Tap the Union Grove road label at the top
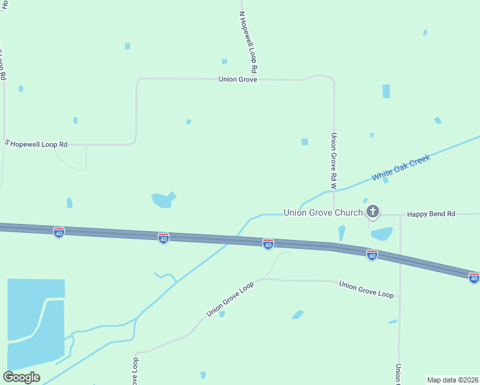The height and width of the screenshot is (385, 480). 237,80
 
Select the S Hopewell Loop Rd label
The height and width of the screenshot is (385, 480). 37,144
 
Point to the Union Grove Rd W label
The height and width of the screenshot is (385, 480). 334,160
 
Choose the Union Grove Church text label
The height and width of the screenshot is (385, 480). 323,212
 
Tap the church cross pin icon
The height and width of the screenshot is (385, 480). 373,212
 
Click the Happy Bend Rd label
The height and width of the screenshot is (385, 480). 431,214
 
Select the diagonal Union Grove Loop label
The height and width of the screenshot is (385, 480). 230,299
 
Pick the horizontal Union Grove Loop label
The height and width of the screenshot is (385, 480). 366,289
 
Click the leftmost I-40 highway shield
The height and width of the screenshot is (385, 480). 59,232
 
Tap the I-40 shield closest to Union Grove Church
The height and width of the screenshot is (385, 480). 372,255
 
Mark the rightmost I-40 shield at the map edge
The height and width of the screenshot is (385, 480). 474,277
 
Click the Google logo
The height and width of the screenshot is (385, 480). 21,377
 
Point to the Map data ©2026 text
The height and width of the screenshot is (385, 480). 453,380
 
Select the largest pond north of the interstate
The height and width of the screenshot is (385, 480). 163,200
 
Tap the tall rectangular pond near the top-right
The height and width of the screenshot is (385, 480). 386,91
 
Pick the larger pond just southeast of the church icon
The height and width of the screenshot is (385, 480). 382,234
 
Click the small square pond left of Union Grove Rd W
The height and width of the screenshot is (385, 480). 305,142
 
